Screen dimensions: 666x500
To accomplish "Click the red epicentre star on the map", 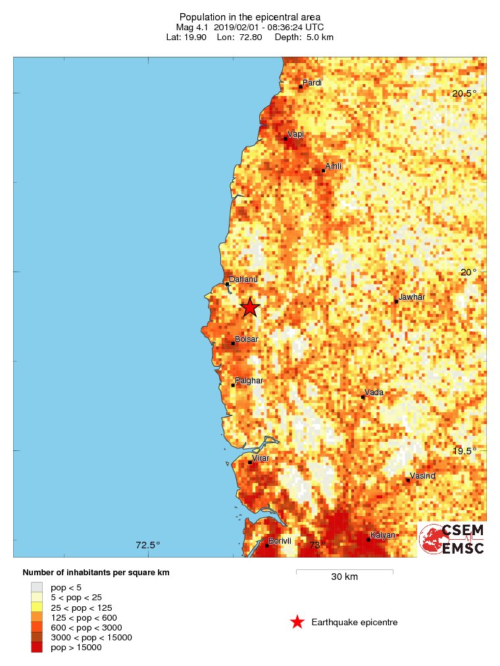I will click(x=250, y=307).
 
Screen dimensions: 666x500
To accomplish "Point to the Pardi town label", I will click(x=312, y=82).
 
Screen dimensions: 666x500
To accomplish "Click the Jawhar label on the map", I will click(x=412, y=297).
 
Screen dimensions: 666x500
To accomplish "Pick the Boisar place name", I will click(x=247, y=339).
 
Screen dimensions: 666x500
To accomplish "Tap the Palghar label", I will click(x=249, y=381).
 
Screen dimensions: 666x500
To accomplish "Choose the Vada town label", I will click(x=374, y=392).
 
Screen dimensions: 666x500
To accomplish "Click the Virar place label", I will click(x=261, y=458).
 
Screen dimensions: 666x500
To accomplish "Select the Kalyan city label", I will click(x=383, y=535).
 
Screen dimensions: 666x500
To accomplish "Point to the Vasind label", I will click(x=422, y=475).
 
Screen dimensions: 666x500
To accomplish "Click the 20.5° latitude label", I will click(x=464, y=93).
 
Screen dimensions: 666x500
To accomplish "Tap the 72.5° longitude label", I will click(x=148, y=544).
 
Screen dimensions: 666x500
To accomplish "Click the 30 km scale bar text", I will click(x=344, y=577).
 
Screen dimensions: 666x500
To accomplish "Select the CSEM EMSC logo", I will click(x=452, y=540).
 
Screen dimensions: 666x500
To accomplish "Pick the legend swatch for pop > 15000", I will click(x=37, y=648).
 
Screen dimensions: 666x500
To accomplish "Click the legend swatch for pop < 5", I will click(x=37, y=587).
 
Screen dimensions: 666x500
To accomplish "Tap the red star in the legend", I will click(x=297, y=622).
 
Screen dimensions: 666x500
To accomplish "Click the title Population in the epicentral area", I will click(x=250, y=16).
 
